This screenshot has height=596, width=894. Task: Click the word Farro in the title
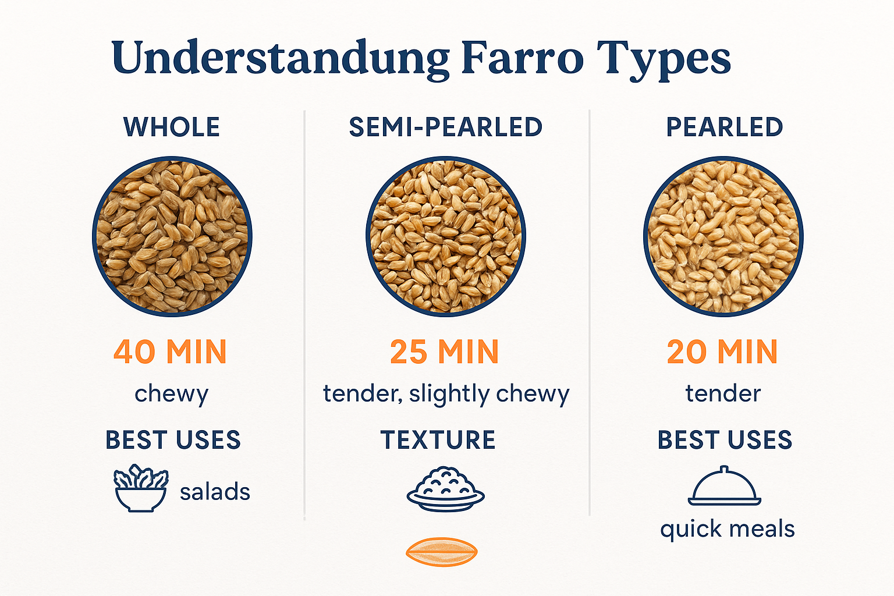coord(522,58)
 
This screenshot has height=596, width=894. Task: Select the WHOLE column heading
coord(172,127)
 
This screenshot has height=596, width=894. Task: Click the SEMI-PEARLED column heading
coord(445,127)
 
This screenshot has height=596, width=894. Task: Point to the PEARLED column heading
coord(724,127)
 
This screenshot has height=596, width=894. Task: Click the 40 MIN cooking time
coord(170,352)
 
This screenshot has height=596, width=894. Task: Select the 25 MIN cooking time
coord(445,352)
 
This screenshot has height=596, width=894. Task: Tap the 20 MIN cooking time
coord(722,352)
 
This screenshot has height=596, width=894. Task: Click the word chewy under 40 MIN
coord(171,394)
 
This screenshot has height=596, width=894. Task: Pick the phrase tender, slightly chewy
coord(446,394)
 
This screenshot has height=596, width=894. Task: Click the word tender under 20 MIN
coord(723,394)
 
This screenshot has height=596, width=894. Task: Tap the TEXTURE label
coord(438,440)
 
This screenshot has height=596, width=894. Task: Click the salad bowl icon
coord(140,488)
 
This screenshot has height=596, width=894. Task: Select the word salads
coord(215,492)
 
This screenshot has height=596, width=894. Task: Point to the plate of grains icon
coord(445,489)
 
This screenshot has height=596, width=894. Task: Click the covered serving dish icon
coord(724,487)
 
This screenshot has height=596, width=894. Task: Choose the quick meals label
coord(727,530)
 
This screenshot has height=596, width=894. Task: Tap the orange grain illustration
coord(441,551)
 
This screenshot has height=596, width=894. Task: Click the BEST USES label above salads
coord(173,440)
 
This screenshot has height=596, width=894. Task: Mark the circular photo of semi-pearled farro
coord(446,236)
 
